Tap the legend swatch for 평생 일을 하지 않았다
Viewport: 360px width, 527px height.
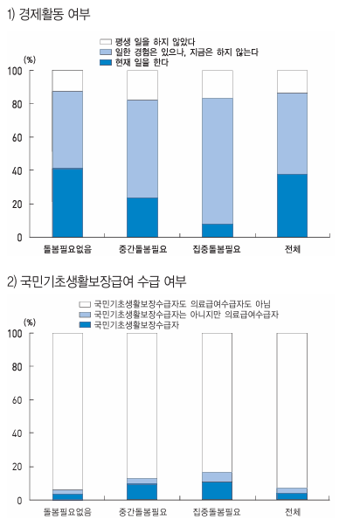coord(106,41)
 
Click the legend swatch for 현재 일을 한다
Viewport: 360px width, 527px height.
coord(106,62)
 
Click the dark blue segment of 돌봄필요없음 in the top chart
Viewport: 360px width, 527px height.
coord(67,202)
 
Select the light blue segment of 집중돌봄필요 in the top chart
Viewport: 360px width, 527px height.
coord(218,161)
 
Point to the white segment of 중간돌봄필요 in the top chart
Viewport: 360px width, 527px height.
coord(142,85)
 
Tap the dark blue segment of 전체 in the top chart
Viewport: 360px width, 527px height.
coord(293,205)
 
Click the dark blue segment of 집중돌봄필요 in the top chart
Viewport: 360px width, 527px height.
coord(218,231)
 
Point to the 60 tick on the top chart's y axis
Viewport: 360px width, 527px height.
coord(19,137)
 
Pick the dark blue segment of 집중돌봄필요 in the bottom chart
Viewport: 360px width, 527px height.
coord(218,491)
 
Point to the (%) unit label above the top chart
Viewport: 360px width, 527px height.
coord(29,59)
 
